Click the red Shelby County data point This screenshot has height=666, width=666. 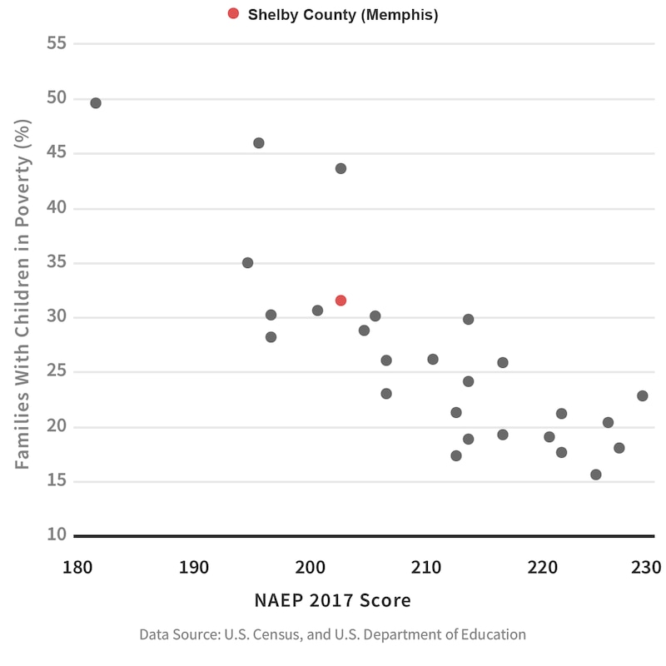pyautogui.click(x=340, y=301)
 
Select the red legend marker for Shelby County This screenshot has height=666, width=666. pyautogui.click(x=233, y=14)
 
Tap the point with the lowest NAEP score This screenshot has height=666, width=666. pyautogui.click(x=96, y=103)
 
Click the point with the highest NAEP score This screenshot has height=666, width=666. pyautogui.click(x=642, y=396)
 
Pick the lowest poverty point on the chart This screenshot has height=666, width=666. pyautogui.click(x=595, y=475)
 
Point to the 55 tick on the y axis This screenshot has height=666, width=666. pyautogui.click(x=57, y=42)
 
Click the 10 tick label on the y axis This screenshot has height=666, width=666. pyautogui.click(x=57, y=534)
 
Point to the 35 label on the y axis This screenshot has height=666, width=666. pyautogui.click(x=57, y=262)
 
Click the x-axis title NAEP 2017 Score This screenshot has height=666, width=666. pyautogui.click(x=333, y=600)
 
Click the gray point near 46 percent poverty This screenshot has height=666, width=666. pyautogui.click(x=258, y=143)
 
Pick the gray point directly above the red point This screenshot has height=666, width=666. pyautogui.click(x=340, y=168)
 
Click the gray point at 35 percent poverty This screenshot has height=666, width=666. pyautogui.click(x=247, y=263)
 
